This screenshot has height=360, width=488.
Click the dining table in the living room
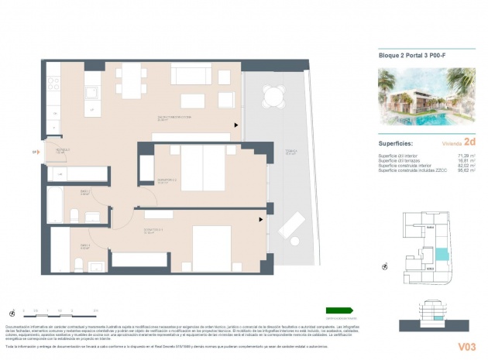133,80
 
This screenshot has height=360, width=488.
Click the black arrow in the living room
236,124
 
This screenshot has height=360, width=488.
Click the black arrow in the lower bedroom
261,219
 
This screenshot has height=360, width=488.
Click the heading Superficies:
395,143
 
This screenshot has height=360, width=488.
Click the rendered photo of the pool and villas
427,97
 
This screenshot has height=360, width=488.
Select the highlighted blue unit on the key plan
442,254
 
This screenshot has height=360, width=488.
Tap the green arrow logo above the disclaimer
339,310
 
